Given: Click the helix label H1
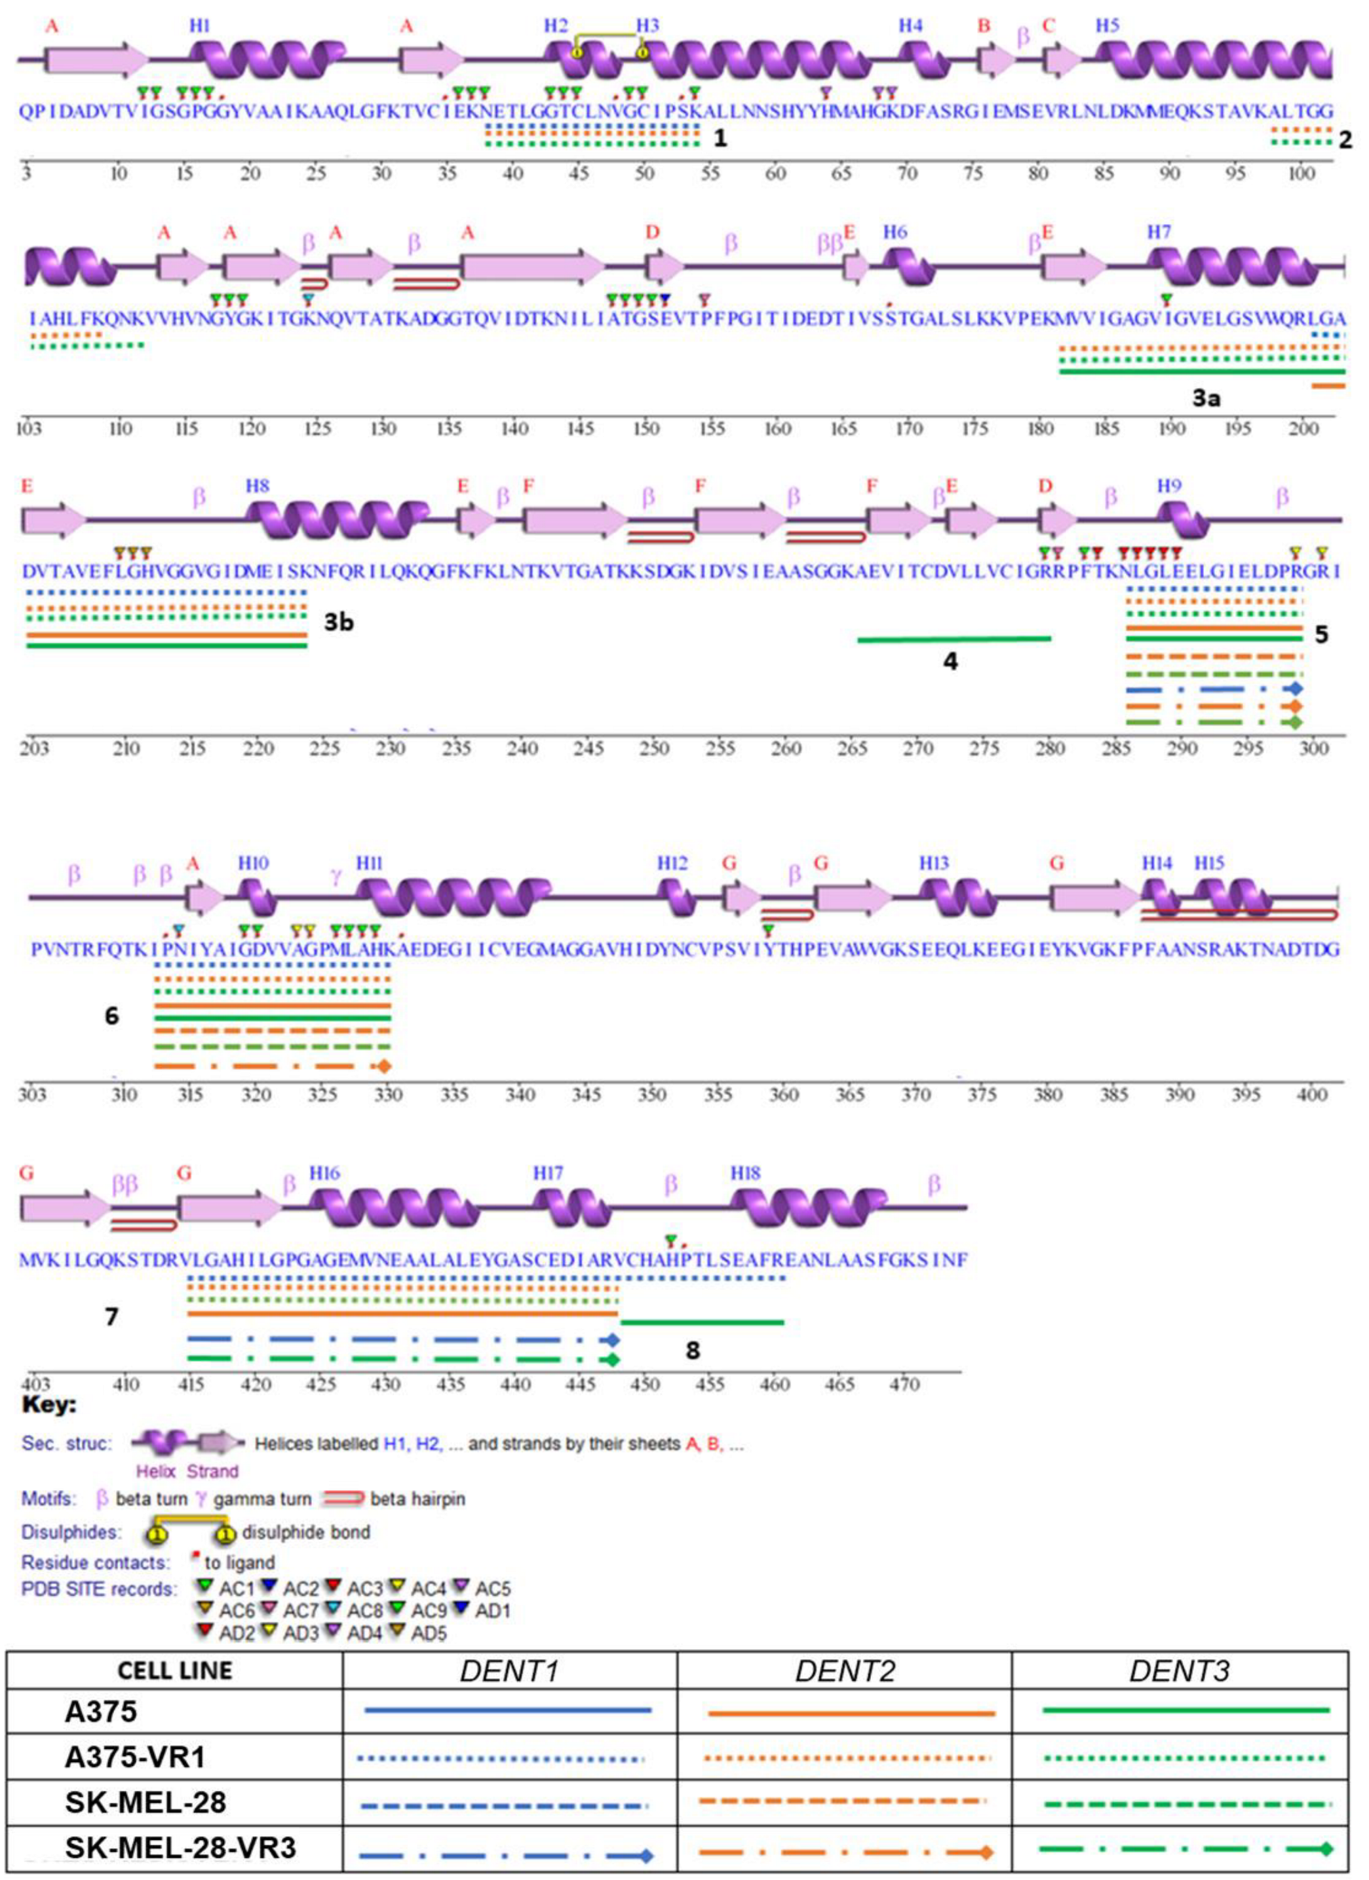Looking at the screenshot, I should point(199,26).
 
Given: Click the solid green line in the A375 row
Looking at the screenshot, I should point(1185,1710).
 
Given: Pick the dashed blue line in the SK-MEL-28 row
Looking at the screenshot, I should point(504,1805).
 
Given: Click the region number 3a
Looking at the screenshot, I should point(1206,398).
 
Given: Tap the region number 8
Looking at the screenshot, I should point(693,1351).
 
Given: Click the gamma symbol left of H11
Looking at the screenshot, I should point(336,877).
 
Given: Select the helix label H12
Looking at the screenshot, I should point(672,864).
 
